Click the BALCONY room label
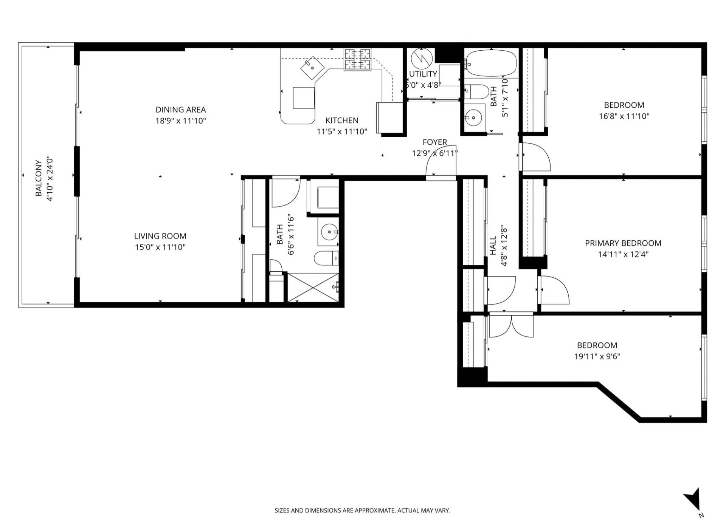[39, 178]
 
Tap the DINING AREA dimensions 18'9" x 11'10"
[180, 121]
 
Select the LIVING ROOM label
[160, 236]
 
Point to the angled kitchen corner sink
[313, 68]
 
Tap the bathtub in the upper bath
[490, 63]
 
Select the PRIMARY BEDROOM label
[623, 243]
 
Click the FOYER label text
[434, 142]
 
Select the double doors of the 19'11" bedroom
[511, 326]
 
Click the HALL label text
[493, 246]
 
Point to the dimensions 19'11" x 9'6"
[597, 356]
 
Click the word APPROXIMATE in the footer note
[375, 511]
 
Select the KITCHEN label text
[342, 121]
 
